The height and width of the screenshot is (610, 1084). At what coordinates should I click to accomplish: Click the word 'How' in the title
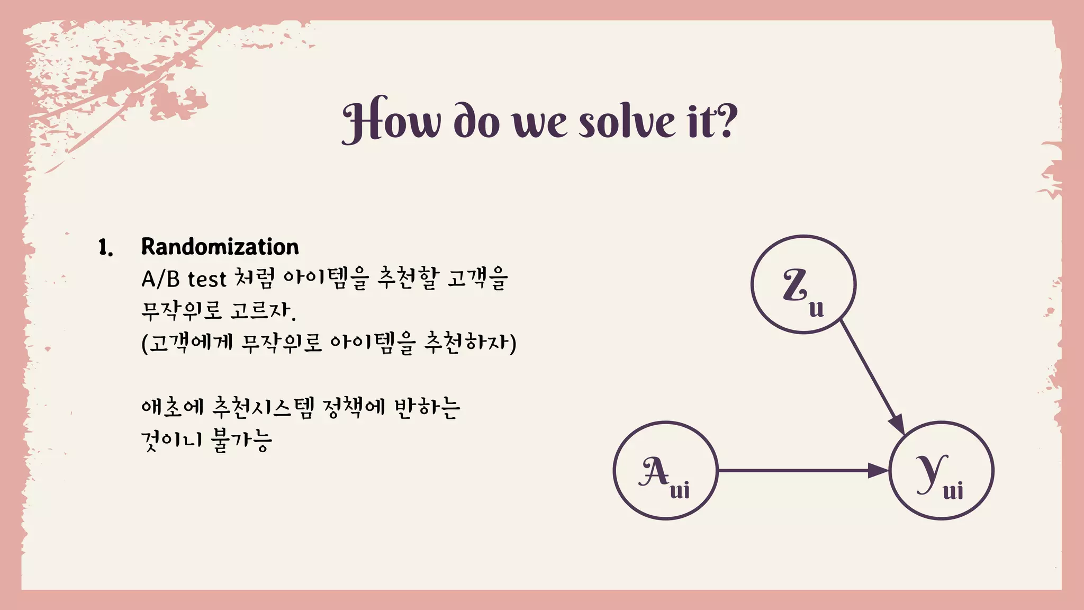click(x=391, y=121)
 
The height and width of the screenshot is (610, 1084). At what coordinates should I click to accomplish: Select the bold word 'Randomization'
click(x=220, y=247)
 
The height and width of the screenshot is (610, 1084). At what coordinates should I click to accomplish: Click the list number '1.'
click(x=106, y=247)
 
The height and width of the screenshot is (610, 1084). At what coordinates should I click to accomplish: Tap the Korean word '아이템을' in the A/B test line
click(x=326, y=279)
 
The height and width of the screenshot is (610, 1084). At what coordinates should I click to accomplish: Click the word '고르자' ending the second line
click(x=261, y=311)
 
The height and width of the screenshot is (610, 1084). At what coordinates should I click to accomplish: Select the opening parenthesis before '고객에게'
click(x=144, y=343)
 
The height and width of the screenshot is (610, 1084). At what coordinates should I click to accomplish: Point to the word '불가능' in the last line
click(x=241, y=439)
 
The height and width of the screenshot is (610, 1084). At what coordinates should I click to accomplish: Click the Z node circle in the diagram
click(x=803, y=284)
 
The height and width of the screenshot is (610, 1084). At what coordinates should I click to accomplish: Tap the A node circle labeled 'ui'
click(x=665, y=470)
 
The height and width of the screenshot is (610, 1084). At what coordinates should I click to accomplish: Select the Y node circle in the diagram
click(x=941, y=470)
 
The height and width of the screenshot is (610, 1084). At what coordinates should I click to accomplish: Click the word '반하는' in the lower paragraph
click(x=427, y=407)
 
